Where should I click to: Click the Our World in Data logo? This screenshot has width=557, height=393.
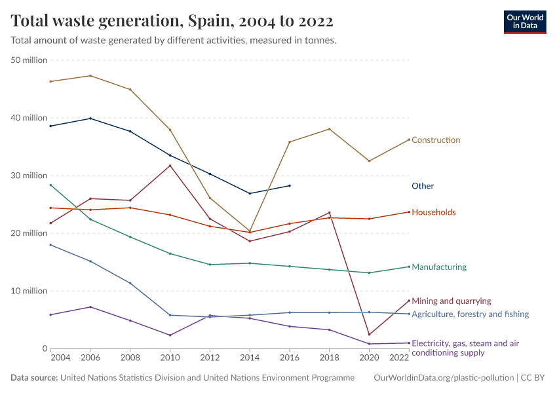tap(524, 22)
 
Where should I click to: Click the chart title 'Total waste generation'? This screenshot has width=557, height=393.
tap(172, 21)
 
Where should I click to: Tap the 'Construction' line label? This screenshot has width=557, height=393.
tap(436, 140)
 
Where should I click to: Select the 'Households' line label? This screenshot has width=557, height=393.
tap(433, 212)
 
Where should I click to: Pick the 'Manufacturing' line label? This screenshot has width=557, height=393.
tap(438, 267)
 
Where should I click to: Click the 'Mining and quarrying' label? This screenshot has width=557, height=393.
tap(451, 301)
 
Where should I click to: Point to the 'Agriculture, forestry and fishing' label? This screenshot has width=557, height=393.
tap(470, 314)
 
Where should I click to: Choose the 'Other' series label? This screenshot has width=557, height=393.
tap(423, 186)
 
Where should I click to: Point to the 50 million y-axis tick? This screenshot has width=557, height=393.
tap(29, 60)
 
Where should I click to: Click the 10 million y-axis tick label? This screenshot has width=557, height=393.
tap(29, 291)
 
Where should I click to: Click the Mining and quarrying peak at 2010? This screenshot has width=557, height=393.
tap(170, 165)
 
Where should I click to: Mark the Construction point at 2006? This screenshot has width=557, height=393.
tap(90, 75)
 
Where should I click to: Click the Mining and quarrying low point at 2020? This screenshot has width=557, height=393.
tap(369, 335)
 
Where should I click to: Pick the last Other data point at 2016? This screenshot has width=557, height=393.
tap(290, 185)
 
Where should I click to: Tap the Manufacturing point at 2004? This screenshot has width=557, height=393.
tap(50, 185)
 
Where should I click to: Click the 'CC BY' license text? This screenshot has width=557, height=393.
tap(533, 378)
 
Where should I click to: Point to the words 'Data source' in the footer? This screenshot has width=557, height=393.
tap(34, 378)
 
